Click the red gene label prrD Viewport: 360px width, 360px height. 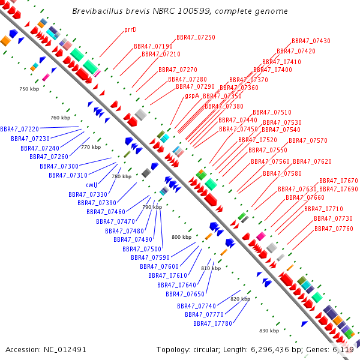(130, 29)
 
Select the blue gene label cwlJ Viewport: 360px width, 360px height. (92, 185)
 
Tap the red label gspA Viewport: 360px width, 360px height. (192, 95)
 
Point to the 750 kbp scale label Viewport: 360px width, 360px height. (28, 89)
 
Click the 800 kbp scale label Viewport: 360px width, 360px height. (181, 237)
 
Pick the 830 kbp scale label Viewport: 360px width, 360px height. (269, 331)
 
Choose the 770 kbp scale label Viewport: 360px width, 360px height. (91, 147)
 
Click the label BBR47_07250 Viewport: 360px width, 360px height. (196, 37)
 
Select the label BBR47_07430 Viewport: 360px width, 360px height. (311, 41)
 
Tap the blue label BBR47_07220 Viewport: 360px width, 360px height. (19, 129)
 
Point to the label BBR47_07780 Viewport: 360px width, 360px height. (212, 323)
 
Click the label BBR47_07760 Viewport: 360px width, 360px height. (334, 229)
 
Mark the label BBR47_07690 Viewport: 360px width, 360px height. (338, 189)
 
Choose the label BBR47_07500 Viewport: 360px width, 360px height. (142, 249)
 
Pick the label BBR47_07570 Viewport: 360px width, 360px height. (308, 140)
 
